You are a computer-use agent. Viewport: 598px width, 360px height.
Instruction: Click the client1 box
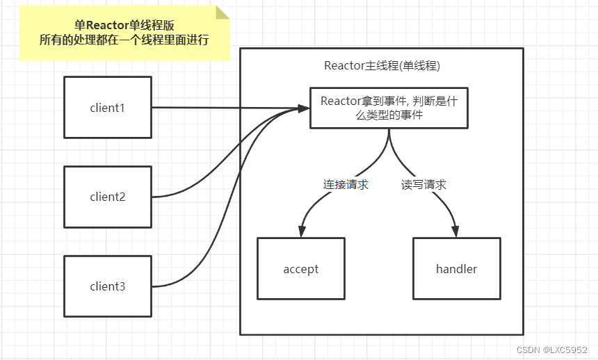pos(108,107)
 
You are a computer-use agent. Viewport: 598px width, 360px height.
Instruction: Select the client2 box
pos(108,197)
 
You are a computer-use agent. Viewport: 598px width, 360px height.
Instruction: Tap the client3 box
pos(108,286)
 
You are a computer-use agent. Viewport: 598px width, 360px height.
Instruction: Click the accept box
pos(301,269)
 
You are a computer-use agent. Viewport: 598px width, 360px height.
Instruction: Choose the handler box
pos(456,269)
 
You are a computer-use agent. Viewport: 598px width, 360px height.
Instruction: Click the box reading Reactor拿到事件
pos(389,108)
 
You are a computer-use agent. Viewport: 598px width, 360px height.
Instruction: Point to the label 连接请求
pos(346,185)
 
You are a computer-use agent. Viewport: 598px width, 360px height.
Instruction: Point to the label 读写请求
pos(423,185)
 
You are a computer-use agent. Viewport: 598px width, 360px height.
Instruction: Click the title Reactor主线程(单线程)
pos(382,66)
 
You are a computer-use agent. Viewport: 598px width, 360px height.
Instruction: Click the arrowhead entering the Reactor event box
pos(303,108)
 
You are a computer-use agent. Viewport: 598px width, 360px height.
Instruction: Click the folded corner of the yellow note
pos(223,12)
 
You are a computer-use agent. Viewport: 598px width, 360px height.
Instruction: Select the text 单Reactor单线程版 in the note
pos(124,24)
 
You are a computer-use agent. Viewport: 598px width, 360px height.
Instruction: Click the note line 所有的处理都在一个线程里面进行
pos(124,40)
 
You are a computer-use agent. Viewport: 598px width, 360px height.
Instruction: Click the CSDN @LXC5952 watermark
pos(553,350)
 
